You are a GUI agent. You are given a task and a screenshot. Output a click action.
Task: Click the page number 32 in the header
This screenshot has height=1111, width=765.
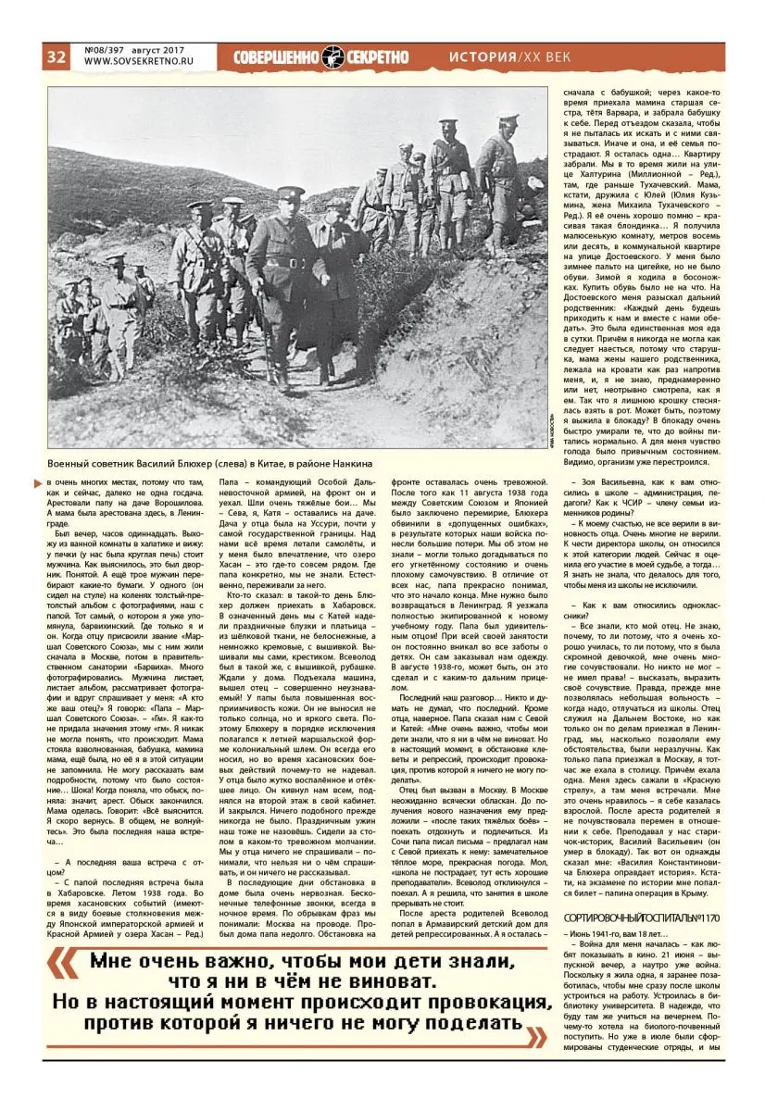[56, 57]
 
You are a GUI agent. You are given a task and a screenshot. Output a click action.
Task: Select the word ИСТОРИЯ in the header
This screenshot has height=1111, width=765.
[482, 57]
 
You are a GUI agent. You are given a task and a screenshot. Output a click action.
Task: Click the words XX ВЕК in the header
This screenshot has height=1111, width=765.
[546, 57]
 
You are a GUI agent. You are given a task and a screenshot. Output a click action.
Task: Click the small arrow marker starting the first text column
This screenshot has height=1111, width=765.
[49, 481]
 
